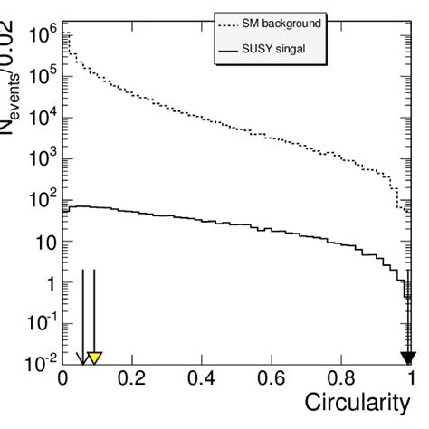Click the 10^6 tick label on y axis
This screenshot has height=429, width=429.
(x=39, y=35)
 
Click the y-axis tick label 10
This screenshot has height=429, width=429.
(x=41, y=243)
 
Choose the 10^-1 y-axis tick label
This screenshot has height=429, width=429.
(x=38, y=324)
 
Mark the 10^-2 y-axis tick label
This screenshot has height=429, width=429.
(x=38, y=364)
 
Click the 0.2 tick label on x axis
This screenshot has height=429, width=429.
(x=132, y=377)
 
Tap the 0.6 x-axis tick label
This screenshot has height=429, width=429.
(x=272, y=377)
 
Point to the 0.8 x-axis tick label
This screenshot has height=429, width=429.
(x=341, y=377)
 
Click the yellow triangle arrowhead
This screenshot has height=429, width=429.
(x=94, y=357)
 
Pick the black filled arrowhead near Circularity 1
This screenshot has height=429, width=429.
(x=409, y=357)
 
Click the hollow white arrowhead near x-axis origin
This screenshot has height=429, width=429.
(x=82, y=357)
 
